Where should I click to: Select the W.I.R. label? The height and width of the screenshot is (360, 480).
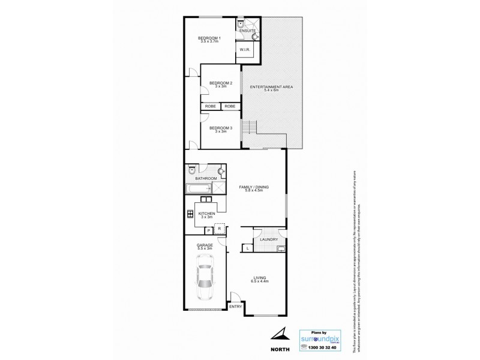coord(244,50)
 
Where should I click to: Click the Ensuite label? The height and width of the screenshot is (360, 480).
coord(247,30)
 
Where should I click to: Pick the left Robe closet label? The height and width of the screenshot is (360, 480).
coord(211,106)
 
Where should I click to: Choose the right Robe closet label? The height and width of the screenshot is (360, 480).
coord(230,106)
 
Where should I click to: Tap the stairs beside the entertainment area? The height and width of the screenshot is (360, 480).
coord(249,127)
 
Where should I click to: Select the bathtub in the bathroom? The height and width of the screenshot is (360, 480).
coord(196,190)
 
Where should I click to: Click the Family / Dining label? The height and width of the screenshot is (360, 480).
coord(254,189)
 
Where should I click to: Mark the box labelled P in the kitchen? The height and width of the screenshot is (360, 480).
coord(208,229)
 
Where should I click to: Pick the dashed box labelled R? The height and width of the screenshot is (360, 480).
coord(220,229)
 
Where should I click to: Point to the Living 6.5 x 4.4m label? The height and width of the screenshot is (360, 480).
coord(260,280)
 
